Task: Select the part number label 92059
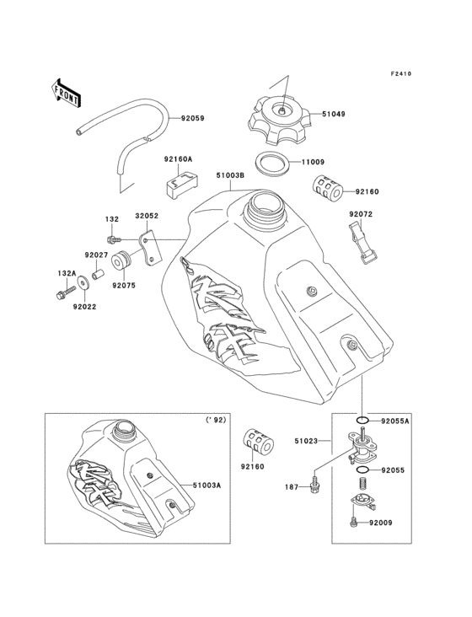click(192, 119)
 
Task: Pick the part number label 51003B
click(230, 175)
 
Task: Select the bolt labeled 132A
click(59, 295)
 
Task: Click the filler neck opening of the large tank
click(263, 204)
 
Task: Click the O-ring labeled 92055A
click(361, 420)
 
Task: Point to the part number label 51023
click(306, 438)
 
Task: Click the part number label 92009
click(395, 523)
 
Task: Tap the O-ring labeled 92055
click(362, 469)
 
